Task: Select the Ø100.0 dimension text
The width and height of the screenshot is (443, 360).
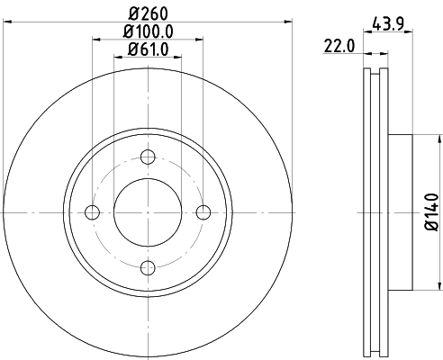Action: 149,31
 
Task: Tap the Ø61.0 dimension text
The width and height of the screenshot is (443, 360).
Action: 149,49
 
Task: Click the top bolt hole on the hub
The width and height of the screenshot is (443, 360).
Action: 148,158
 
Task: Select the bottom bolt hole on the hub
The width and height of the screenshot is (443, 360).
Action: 148,266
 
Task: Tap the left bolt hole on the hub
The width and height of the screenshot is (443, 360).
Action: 93,212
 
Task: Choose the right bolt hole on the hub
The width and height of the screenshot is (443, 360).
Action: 203,212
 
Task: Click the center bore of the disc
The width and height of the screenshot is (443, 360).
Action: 148,212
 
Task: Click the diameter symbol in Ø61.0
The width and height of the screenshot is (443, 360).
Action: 130,49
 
